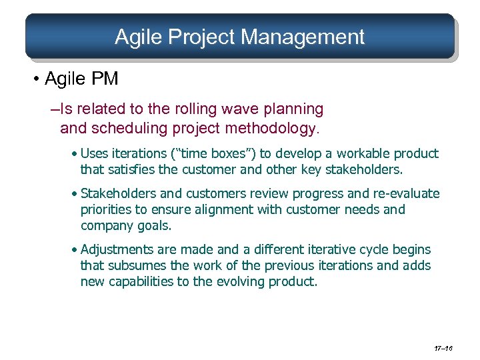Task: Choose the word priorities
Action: coord(107,210)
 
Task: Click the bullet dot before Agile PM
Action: coord(35,80)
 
